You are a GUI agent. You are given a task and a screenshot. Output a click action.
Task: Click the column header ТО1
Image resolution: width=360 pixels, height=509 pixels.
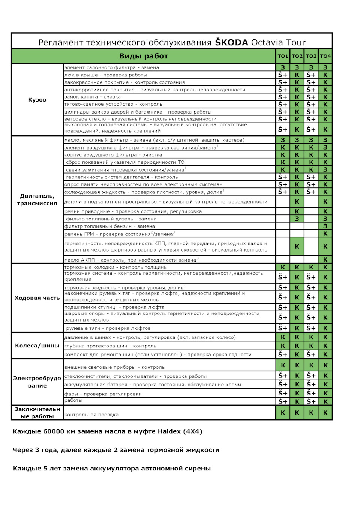(283, 56)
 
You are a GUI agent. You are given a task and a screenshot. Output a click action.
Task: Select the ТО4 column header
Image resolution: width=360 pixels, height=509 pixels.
(325, 56)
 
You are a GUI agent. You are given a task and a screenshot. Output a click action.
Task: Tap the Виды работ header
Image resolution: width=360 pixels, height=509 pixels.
(144, 56)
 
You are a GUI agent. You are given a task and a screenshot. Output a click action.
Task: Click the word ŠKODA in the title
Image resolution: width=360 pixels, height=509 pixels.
(231, 42)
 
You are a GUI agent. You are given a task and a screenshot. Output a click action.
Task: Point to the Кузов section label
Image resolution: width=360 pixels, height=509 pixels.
(37, 100)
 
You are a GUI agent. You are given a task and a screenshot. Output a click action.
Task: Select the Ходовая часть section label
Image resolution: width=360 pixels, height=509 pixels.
(37, 298)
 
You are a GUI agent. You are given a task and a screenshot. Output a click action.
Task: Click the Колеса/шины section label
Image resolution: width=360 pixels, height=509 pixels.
(37, 346)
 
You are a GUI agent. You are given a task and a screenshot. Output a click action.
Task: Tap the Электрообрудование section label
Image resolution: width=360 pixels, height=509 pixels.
(37, 382)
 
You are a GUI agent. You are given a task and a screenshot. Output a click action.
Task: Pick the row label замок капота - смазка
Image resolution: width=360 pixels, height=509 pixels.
(92, 97)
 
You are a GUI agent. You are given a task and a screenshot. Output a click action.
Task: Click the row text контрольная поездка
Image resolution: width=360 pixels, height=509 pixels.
(91, 415)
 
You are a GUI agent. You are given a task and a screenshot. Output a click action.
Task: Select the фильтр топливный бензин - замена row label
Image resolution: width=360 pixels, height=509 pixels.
(109, 226)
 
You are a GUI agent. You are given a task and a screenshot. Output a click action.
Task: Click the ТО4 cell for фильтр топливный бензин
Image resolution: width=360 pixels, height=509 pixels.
(325, 226)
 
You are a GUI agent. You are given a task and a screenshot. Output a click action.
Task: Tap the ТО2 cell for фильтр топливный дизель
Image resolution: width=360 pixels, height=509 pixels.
(297, 219)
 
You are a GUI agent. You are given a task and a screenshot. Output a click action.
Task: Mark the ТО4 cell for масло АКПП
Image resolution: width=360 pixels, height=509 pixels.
(325, 259)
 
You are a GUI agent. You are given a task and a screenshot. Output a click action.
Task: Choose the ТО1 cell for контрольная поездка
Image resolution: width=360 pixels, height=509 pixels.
(283, 413)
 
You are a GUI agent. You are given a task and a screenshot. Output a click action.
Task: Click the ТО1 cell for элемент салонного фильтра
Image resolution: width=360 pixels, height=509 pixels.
(283, 67)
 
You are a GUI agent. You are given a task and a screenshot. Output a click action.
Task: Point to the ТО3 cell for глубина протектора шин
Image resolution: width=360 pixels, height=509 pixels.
(311, 346)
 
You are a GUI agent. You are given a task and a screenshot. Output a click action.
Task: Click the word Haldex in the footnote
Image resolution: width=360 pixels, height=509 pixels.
(169, 431)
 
